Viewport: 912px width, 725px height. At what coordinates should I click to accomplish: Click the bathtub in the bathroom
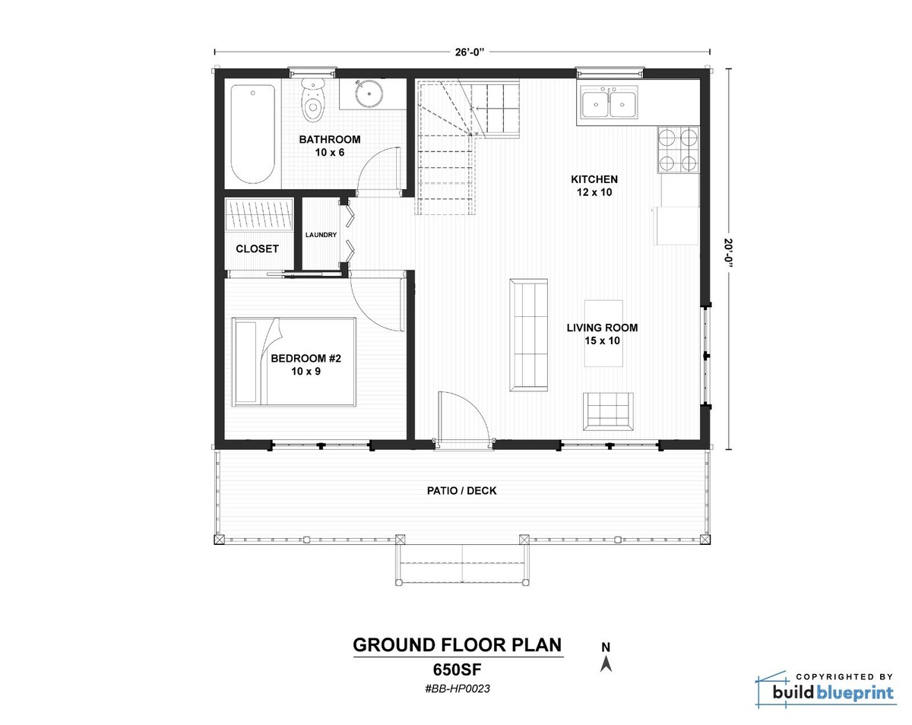[x=252, y=134]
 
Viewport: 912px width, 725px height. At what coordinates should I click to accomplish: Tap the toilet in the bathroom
[x=313, y=102]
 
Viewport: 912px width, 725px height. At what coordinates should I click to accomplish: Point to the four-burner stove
[x=677, y=150]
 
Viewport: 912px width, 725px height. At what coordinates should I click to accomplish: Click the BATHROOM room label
[x=329, y=140]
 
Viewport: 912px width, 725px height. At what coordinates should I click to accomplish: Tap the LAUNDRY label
[x=321, y=235]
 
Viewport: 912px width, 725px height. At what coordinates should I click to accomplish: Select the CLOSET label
[x=257, y=249]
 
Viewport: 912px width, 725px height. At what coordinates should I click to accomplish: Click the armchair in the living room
[x=608, y=411]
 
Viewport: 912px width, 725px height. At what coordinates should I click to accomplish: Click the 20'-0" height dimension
[x=729, y=257]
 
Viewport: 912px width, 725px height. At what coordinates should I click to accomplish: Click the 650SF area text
[x=458, y=670]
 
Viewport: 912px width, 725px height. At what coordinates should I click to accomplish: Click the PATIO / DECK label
[x=461, y=491]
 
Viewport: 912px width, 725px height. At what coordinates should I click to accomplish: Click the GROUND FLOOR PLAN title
[x=458, y=645]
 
